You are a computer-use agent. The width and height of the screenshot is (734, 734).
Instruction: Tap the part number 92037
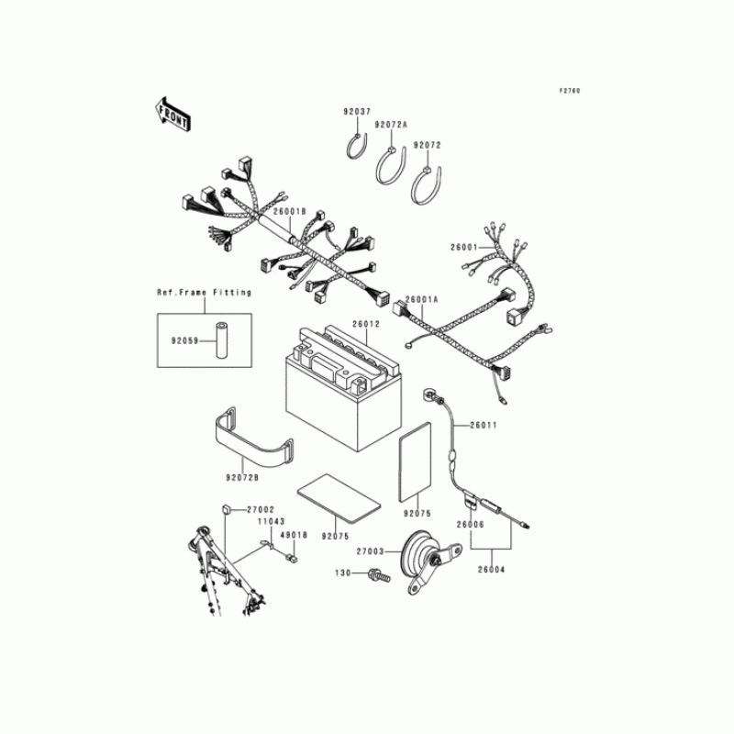pos(358,112)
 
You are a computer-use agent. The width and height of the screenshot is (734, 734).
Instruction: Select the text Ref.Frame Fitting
pos(203,293)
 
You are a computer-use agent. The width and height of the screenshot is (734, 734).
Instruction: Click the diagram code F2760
pos(571,92)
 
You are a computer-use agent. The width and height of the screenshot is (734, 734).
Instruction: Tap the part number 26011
pos(484,425)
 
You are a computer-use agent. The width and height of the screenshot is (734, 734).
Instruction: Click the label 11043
pos(271,521)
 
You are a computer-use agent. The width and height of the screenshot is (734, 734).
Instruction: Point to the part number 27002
pos(260,508)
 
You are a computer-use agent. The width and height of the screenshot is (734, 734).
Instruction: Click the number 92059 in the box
pos(185,343)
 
